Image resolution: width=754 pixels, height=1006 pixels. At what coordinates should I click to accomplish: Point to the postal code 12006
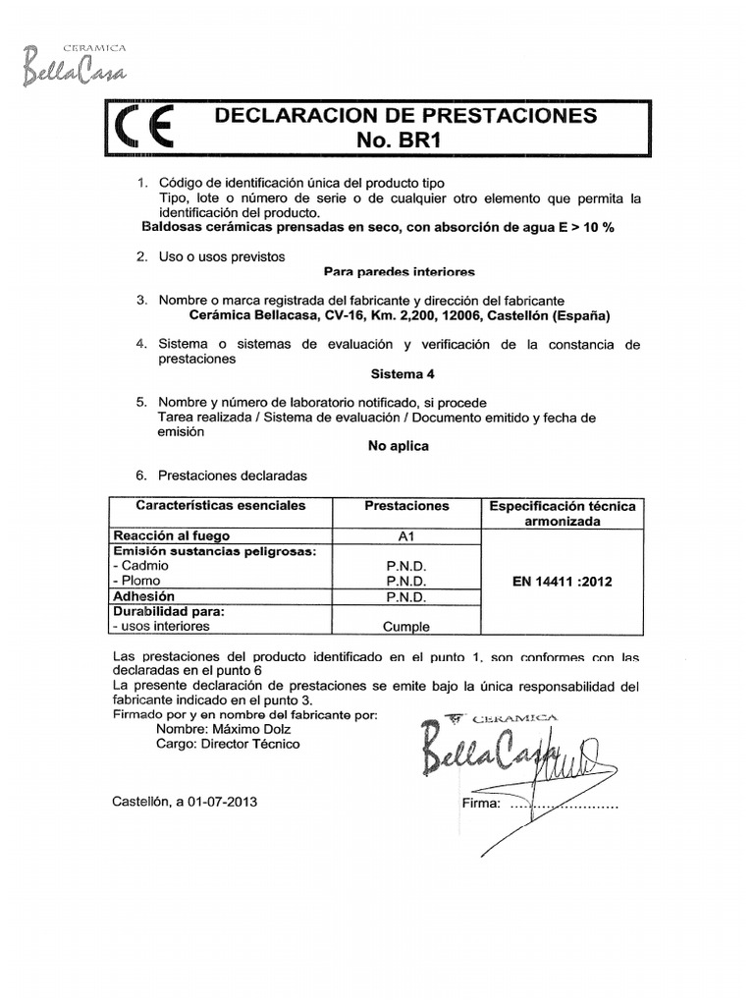tap(455, 316)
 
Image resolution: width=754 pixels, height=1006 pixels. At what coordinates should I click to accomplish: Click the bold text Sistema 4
tap(402, 374)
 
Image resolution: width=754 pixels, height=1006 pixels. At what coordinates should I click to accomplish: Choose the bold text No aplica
tap(398, 445)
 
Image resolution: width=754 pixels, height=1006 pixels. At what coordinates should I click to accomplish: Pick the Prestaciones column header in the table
tap(406, 506)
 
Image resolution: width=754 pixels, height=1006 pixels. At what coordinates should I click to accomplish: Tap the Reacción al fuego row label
tap(172, 536)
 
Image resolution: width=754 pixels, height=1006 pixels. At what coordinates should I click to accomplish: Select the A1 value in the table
tap(405, 536)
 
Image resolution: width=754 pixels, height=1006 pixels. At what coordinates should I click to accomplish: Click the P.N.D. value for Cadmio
tap(405, 567)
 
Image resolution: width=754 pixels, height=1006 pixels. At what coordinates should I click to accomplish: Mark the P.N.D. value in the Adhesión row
tap(405, 596)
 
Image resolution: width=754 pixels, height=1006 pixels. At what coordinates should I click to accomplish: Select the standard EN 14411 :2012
tap(563, 582)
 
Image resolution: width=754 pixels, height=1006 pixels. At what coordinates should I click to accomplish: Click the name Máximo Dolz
tap(250, 729)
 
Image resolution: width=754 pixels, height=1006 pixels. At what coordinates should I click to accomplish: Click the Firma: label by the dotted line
tap(481, 804)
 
